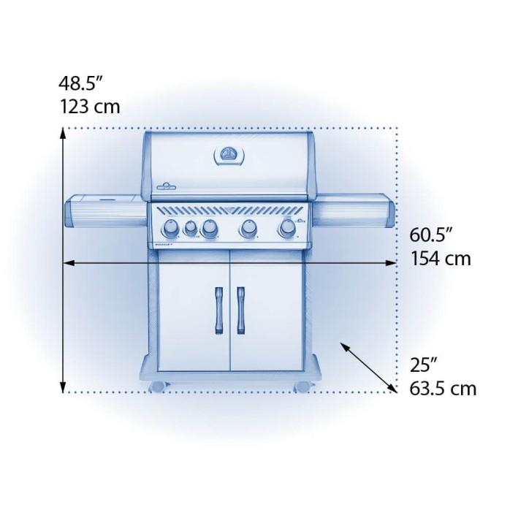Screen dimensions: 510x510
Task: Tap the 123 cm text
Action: coord(90,107)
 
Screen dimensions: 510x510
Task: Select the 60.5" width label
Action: coord(432,235)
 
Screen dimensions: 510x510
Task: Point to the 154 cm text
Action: coord(439,259)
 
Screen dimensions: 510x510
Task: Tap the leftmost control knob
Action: coord(170,230)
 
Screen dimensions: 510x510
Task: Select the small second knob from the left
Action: coord(190,229)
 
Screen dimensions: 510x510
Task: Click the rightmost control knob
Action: coord(286,231)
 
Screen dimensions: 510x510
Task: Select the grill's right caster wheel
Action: coord(302,385)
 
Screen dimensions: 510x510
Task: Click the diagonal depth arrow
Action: coord(370,367)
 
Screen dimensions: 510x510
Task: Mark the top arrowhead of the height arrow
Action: coord(64,134)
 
